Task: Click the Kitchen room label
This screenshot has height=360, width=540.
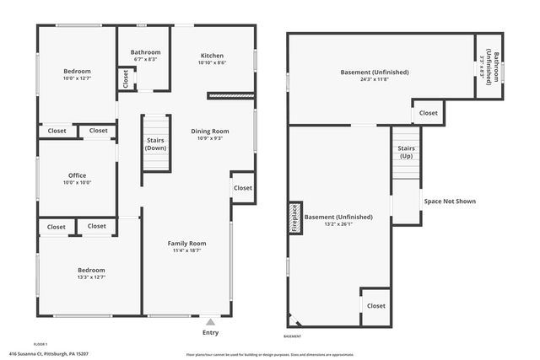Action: [x=212, y=55]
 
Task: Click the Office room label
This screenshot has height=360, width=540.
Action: [x=78, y=175]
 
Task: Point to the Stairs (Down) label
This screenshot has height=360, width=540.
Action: [x=155, y=143]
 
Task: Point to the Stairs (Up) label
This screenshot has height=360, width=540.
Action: [x=406, y=152]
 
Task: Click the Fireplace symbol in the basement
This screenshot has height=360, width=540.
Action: [x=295, y=218]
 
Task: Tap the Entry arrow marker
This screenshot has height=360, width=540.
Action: [x=210, y=321]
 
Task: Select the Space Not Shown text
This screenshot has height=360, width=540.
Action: [x=449, y=201]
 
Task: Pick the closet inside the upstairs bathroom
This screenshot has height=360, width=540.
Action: [x=127, y=79]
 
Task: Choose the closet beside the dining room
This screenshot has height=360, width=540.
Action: [x=242, y=188]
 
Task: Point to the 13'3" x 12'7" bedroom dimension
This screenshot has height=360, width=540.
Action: [x=92, y=277]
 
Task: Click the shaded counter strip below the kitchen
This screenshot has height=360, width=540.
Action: [x=230, y=96]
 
